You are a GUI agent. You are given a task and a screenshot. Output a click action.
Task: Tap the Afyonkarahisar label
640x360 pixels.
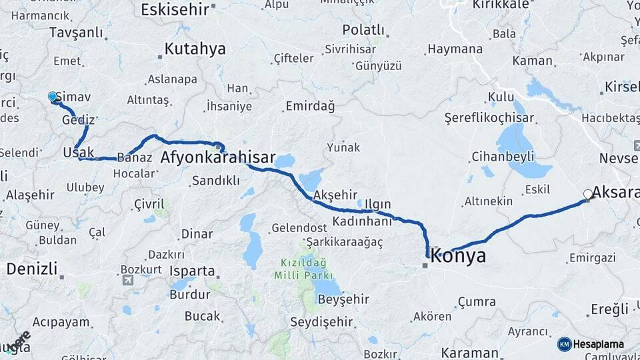[x=218, y=158]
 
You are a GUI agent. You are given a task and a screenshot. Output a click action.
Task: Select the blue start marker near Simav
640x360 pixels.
[x=53, y=97]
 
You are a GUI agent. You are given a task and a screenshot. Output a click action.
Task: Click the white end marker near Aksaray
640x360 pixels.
[x=587, y=194]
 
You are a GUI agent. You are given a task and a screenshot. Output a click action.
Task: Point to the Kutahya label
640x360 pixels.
[x=195, y=49]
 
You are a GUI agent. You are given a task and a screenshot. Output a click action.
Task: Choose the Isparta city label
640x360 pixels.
[x=192, y=271]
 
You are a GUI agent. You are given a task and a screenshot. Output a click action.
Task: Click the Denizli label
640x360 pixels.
[x=31, y=269]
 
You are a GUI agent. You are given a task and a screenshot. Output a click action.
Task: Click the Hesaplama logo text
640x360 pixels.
[x=598, y=344]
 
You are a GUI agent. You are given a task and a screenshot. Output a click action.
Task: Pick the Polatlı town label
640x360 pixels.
[x=363, y=30]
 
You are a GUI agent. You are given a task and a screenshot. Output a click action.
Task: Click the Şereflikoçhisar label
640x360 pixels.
[x=489, y=118]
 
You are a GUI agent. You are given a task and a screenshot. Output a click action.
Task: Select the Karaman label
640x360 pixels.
[x=469, y=352]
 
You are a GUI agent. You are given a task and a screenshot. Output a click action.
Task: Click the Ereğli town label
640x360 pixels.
[x=609, y=309]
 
